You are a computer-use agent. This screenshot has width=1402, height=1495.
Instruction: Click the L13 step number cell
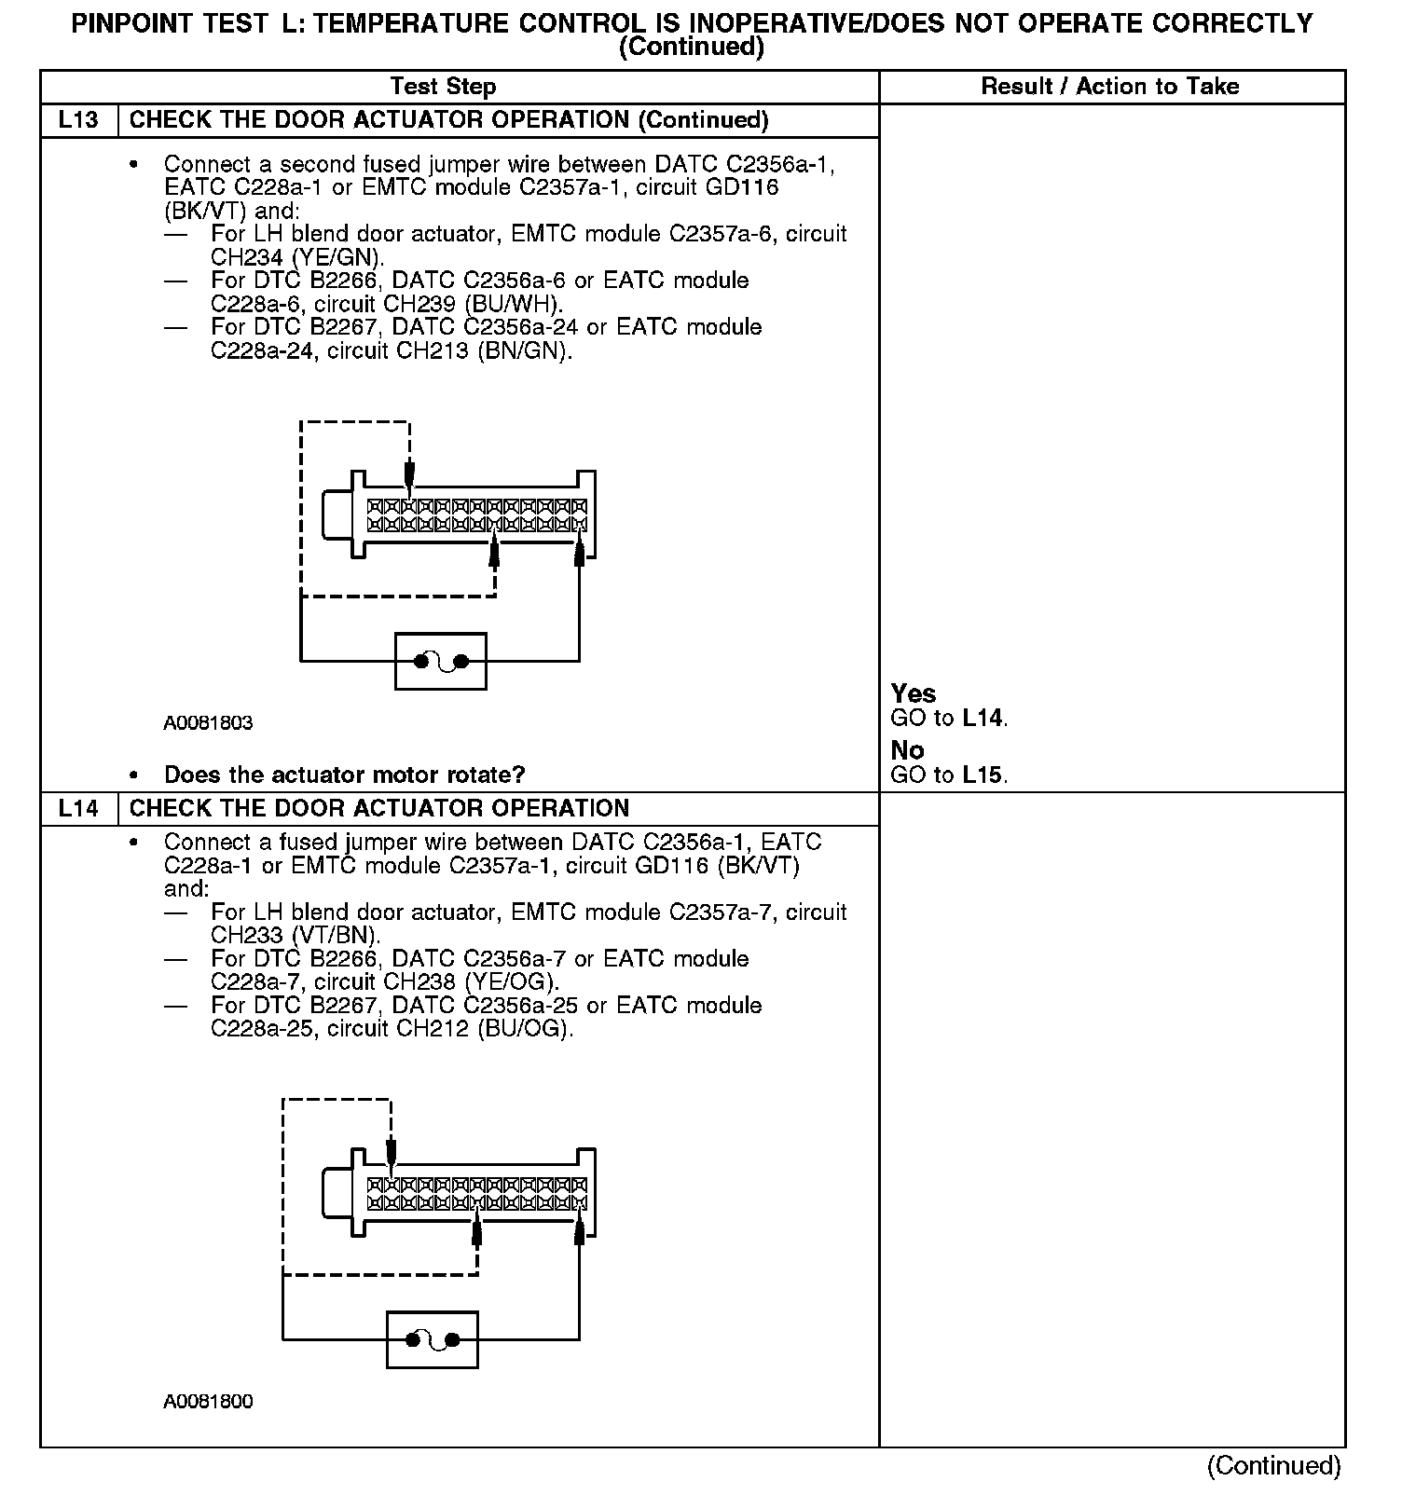point(78,120)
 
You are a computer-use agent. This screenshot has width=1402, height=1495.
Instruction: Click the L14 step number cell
point(78,808)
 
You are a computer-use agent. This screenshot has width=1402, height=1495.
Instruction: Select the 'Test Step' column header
point(443,87)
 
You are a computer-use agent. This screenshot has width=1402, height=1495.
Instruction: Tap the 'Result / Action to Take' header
point(1110,87)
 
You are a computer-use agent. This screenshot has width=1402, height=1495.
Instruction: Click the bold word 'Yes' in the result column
point(914,693)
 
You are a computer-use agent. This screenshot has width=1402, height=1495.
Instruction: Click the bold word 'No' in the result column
point(907,750)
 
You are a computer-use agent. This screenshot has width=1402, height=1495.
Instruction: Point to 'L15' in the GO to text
point(983,775)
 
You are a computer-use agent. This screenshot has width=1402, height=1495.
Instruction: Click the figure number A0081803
point(208,723)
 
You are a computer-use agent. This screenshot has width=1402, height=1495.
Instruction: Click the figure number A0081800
point(208,1402)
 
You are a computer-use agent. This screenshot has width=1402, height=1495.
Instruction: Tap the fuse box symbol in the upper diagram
point(440,662)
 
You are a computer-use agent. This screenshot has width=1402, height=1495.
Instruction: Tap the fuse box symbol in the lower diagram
point(432,1340)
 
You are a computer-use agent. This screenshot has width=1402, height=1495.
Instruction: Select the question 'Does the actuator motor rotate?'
point(344,775)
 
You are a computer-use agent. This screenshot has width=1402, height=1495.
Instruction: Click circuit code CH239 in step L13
point(432,304)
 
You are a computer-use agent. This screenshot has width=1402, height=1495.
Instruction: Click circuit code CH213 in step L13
point(433,351)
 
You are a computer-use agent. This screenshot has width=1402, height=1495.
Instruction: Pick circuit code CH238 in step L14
point(432,982)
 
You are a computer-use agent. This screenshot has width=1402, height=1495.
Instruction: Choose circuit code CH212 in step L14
point(433,1029)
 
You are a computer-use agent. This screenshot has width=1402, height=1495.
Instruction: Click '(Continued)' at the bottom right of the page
point(1273,1466)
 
